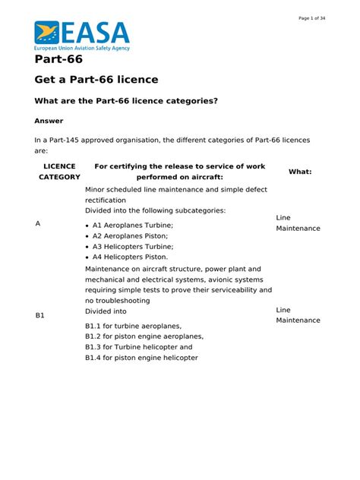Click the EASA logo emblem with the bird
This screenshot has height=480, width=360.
tap(47, 33)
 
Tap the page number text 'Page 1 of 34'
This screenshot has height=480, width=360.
tap(312, 18)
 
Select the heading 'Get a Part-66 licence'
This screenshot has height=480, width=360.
tap(96, 80)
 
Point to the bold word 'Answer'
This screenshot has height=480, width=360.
tap(49, 121)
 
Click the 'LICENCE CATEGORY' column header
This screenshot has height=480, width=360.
tap(59, 171)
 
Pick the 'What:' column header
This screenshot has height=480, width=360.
tap(300, 172)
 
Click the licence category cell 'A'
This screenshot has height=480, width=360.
tap(38, 224)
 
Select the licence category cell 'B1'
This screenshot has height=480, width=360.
tap(40, 315)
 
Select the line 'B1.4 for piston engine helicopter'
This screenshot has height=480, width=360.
tap(141, 357)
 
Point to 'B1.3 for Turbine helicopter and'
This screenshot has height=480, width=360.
tap(139, 346)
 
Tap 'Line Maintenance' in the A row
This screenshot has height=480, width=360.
tap(298, 223)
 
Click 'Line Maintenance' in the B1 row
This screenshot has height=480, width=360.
tap(298, 314)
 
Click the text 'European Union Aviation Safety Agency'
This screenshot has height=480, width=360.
tap(82, 48)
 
